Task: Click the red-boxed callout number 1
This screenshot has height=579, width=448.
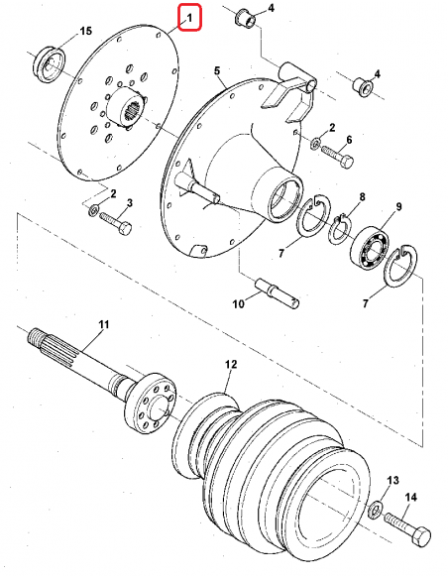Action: tap(189, 18)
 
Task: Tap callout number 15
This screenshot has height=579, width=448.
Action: tap(85, 31)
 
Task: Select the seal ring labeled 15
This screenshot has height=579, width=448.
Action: tap(50, 64)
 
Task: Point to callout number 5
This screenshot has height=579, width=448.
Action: tap(217, 70)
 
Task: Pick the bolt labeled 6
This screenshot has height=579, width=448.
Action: tap(337, 157)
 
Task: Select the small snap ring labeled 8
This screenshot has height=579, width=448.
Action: tap(340, 230)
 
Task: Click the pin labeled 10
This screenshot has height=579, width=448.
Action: tap(278, 293)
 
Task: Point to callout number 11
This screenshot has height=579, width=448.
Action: tap(104, 324)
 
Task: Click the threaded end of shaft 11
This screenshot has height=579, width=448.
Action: tap(35, 337)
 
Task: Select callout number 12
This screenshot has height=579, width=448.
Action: tap(231, 364)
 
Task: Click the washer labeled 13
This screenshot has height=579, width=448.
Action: tap(376, 510)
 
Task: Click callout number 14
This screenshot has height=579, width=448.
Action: tap(410, 497)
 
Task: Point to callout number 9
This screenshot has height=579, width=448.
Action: tap(398, 206)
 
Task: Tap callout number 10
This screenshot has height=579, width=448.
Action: tap(239, 303)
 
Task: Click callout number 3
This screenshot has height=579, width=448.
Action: tap(130, 202)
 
